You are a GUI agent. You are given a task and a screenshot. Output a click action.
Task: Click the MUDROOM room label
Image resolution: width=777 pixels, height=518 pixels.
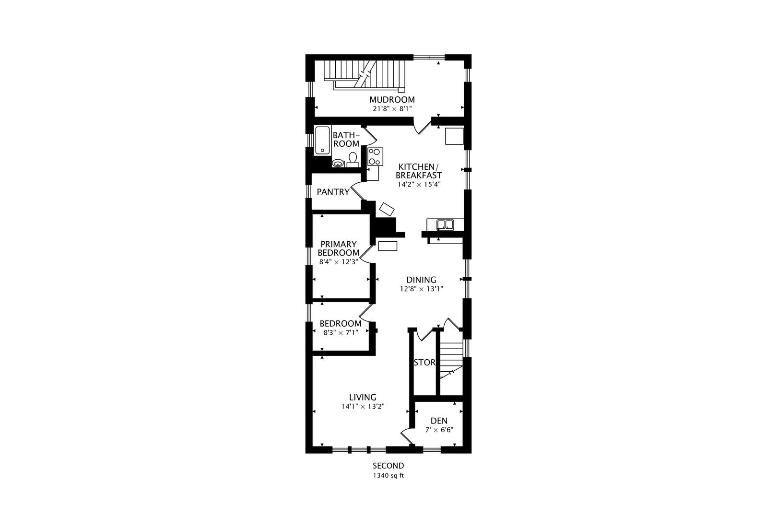click(392, 100)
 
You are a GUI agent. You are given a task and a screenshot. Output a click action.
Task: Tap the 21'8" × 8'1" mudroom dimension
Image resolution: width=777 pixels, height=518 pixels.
click(392, 108)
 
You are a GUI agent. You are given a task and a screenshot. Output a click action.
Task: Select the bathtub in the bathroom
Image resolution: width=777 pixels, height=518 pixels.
click(323, 141)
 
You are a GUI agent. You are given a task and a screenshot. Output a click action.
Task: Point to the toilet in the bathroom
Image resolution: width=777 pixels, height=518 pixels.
click(353, 160)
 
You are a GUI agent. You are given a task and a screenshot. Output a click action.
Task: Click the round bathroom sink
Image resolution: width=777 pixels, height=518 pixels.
click(338, 163)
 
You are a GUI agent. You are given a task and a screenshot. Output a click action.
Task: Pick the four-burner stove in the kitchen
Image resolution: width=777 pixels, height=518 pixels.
click(376, 156)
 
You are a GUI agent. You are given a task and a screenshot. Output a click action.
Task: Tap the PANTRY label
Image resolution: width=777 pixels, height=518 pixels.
click(333, 192)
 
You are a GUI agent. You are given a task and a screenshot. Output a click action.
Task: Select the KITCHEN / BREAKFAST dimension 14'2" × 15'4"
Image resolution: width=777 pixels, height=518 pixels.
click(419, 184)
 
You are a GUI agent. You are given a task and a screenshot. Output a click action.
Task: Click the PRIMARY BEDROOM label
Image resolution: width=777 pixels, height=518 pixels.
click(338, 248)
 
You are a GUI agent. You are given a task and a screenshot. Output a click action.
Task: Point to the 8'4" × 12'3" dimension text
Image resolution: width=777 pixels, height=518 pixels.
click(339, 261)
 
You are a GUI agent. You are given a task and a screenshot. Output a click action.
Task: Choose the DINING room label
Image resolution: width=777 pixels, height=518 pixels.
click(421, 280)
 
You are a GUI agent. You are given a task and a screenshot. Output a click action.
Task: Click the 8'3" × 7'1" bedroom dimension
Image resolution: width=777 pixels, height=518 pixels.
click(341, 333)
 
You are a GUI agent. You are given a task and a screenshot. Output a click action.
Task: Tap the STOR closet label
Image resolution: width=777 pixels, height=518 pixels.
click(424, 363)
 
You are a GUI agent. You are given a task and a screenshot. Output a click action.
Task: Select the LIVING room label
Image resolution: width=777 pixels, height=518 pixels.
click(363, 397)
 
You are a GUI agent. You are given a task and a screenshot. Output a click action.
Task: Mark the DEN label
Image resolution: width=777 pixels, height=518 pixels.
click(439, 421)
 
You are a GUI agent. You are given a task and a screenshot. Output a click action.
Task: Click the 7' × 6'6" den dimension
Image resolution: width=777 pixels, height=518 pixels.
click(439, 430)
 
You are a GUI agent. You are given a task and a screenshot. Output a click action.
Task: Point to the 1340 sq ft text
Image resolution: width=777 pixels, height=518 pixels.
click(388, 476)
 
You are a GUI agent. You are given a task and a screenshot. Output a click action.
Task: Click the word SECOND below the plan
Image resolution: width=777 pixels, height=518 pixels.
click(388, 466)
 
